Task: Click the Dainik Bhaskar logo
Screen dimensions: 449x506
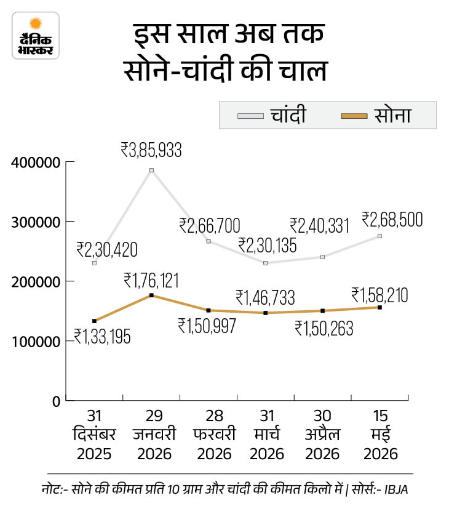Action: tap(36, 36)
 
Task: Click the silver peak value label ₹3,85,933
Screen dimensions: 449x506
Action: tap(151, 150)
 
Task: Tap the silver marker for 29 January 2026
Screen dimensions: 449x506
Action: tap(151, 170)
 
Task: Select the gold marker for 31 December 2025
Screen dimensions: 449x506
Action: tap(95, 321)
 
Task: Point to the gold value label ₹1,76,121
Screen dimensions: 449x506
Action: tap(151, 281)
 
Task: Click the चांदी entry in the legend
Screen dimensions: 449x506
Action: tap(271, 115)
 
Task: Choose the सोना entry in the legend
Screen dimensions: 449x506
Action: tap(376, 115)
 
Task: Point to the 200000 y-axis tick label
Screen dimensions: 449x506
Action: tap(36, 282)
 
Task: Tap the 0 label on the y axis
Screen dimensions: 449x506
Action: tap(57, 402)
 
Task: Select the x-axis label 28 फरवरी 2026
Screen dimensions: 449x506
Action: tap(214, 435)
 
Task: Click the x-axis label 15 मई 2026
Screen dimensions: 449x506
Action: tap(380, 435)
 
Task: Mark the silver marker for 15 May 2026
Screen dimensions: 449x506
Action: tap(379, 236)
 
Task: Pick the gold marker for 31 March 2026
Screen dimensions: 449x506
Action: tap(266, 313)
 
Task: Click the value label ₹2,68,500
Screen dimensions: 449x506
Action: tap(392, 220)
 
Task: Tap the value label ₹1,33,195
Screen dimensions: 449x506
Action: tap(103, 336)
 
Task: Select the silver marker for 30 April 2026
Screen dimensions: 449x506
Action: tap(323, 257)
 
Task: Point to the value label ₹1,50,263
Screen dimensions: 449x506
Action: tap(324, 329)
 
